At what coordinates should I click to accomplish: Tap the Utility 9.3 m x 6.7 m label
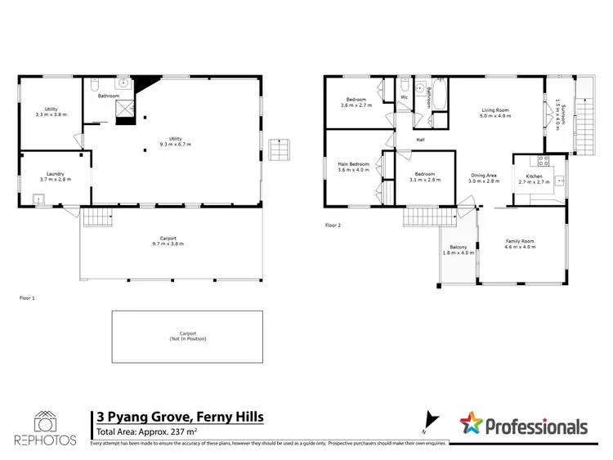[175, 142]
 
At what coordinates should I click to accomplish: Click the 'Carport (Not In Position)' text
[187, 336]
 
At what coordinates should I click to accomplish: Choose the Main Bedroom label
[354, 167]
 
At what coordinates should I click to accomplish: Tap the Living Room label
[495, 113]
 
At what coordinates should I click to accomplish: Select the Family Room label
[520, 243]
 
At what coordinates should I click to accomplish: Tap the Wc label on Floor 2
[404, 98]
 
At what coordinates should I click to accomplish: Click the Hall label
[420, 139]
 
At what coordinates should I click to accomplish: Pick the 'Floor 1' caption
[28, 298]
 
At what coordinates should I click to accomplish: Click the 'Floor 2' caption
[332, 225]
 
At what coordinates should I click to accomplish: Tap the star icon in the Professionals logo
[471, 425]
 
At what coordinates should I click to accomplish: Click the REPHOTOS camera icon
[44, 421]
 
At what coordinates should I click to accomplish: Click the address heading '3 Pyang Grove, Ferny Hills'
[180, 416]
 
